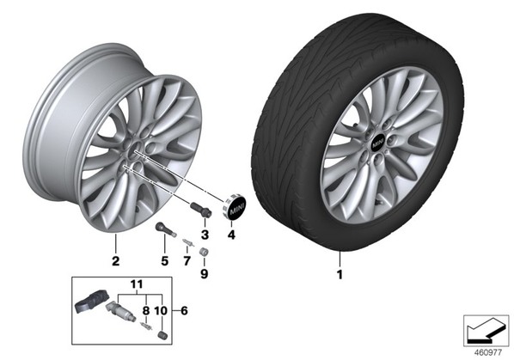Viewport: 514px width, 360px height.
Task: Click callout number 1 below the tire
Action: pyautogui.click(x=340, y=274)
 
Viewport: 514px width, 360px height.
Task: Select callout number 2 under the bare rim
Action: pyautogui.click(x=115, y=261)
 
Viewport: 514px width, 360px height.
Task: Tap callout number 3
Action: pyautogui.click(x=205, y=235)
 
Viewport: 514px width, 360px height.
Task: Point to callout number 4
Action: pyautogui.click(x=231, y=235)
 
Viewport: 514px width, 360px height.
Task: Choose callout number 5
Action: pyautogui.click(x=164, y=261)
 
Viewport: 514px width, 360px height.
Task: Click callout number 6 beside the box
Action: pyautogui.click(x=184, y=310)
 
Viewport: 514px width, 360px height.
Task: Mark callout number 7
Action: pyautogui.click(x=187, y=261)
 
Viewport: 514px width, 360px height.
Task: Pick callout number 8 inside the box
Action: pyautogui.click(x=146, y=310)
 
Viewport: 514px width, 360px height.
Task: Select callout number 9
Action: pyautogui.click(x=205, y=274)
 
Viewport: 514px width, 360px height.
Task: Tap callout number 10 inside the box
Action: pyautogui.click(x=161, y=310)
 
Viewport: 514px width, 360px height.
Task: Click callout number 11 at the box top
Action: pyautogui.click(x=137, y=284)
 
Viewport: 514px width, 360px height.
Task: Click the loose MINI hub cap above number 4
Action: pyautogui.click(x=234, y=207)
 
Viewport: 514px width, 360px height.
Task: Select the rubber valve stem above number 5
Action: pyautogui.click(x=166, y=229)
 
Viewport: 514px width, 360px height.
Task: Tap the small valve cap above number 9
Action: pyautogui.click(x=205, y=252)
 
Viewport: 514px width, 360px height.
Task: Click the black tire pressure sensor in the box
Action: pyautogui.click(x=89, y=299)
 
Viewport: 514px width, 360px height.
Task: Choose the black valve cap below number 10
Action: pyautogui.click(x=162, y=335)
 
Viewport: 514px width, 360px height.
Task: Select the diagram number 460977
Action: pyautogui.click(x=488, y=353)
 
